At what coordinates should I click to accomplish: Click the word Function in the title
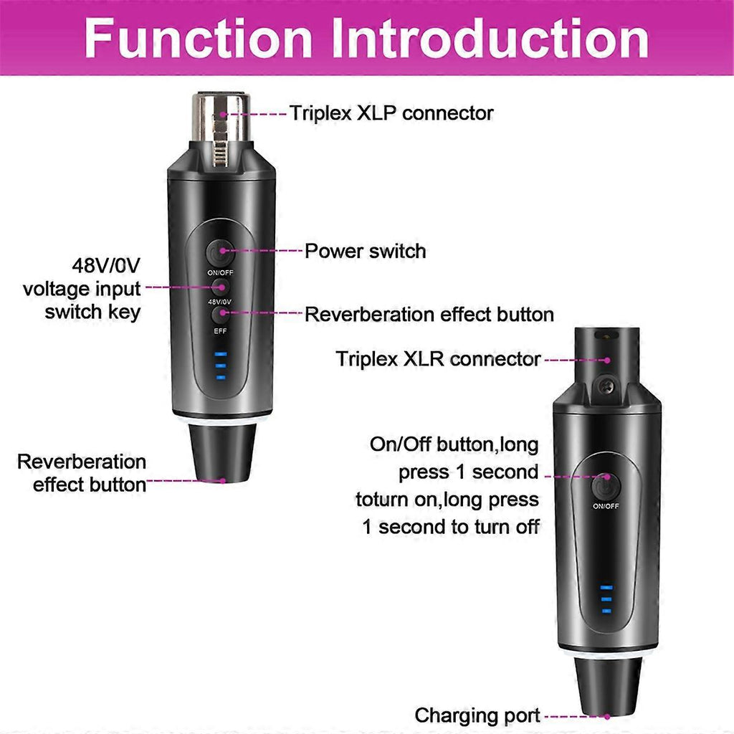pyautogui.click(x=199, y=39)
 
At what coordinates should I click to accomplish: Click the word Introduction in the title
pyautogui.click(x=491, y=39)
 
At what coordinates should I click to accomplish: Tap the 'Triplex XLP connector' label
pyautogui.click(x=391, y=113)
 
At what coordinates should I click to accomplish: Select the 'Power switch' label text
pyautogui.click(x=365, y=252)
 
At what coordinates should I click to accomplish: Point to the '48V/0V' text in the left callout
pyautogui.click(x=106, y=265)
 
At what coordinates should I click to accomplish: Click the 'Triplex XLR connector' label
pyautogui.click(x=438, y=359)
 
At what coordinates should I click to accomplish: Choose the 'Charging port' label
pyautogui.click(x=477, y=715)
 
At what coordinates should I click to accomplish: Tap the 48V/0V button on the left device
pyautogui.click(x=220, y=287)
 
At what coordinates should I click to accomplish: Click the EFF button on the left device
pyautogui.click(x=220, y=315)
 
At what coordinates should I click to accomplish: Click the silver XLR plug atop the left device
pyautogui.click(x=221, y=129)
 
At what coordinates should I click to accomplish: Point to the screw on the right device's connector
pyautogui.click(x=608, y=386)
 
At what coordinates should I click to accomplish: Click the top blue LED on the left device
pyautogui.click(x=221, y=354)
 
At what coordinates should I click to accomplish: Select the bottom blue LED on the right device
pyautogui.click(x=606, y=611)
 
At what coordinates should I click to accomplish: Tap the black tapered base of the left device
pyautogui.click(x=222, y=452)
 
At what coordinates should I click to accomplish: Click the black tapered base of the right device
pyautogui.click(x=608, y=687)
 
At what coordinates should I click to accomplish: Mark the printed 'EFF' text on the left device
pyautogui.click(x=220, y=331)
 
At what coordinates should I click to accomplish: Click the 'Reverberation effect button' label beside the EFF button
pyautogui.click(x=429, y=315)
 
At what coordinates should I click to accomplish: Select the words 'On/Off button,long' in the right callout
pyautogui.click(x=454, y=444)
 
